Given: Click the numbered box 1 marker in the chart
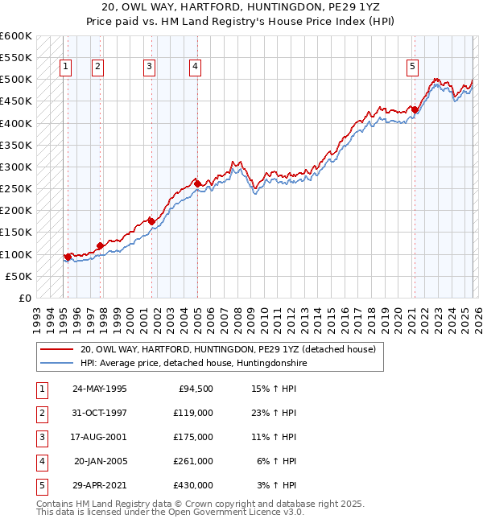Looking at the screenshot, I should point(64,68).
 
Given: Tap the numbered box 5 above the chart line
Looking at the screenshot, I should point(411,68).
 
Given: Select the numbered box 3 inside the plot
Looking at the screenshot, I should point(150,68).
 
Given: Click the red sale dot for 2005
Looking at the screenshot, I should point(197,183).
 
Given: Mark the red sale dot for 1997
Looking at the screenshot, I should point(100,245).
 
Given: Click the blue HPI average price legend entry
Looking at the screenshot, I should point(194,364).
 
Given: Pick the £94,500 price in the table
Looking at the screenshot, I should point(195,388).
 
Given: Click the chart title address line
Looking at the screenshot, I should point(242,7).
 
